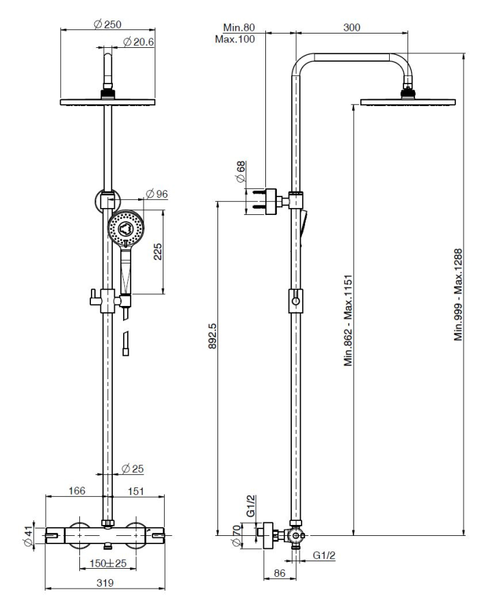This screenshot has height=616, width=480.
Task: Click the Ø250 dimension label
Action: click(108, 25)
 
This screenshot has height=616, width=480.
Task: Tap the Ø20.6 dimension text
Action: click(139, 42)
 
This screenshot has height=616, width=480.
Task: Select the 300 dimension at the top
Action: click(351, 27)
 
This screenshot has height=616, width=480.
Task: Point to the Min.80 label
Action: click(239, 27)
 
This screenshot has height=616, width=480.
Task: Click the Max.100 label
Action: click(235, 39)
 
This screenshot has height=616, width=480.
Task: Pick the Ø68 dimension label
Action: click(241, 172)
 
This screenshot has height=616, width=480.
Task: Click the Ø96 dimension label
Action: click(157, 194)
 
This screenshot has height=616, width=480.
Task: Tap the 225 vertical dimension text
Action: click(157, 251)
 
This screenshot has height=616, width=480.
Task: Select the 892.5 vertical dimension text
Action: click(213, 336)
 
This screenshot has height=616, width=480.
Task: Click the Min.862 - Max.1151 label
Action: click(349, 320)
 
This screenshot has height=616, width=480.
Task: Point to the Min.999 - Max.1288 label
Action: click(458, 294)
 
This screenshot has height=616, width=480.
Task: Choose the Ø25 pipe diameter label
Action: click(133, 469)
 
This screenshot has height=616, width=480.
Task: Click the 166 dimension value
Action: click(77, 491)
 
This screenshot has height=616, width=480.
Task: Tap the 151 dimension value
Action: click(136, 491)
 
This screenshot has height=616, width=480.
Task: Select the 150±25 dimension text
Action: click(108, 563)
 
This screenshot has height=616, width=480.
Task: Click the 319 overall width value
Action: click(105, 582)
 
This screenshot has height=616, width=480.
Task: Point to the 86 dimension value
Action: click(280, 573)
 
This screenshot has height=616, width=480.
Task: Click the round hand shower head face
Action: click(126, 228)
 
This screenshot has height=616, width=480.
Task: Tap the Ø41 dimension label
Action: click(28, 535)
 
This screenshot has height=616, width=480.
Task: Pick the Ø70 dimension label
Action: click(236, 535)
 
